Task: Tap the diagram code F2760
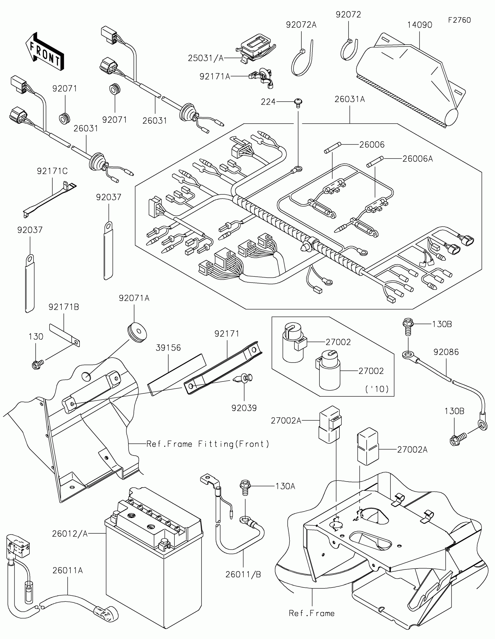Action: click(x=459, y=20)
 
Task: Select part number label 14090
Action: click(x=420, y=25)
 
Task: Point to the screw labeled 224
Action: click(x=298, y=103)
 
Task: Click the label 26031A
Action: click(x=349, y=100)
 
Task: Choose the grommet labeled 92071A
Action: click(x=137, y=333)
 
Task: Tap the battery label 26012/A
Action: click(x=70, y=534)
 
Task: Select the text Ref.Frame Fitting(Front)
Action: click(x=208, y=444)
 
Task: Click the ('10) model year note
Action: click(x=377, y=389)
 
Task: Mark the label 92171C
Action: click(x=52, y=171)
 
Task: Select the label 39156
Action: click(x=168, y=348)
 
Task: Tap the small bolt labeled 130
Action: click(x=37, y=365)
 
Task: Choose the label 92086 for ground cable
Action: click(x=446, y=352)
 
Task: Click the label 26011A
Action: click(x=68, y=570)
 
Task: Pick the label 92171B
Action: click(x=63, y=307)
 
